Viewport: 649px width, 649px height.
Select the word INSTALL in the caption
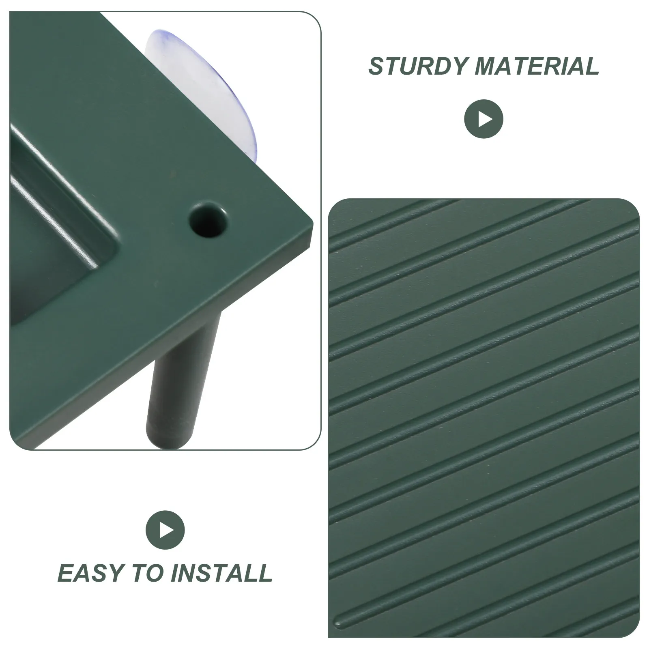click(x=221, y=572)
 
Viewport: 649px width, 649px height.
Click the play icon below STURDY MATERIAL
click(x=484, y=119)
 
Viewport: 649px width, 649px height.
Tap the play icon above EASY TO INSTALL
click(x=165, y=530)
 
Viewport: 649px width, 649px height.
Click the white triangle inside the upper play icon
click(x=485, y=119)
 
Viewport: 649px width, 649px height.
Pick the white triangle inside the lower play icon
click(x=167, y=530)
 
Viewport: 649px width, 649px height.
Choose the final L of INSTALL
click(x=264, y=572)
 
